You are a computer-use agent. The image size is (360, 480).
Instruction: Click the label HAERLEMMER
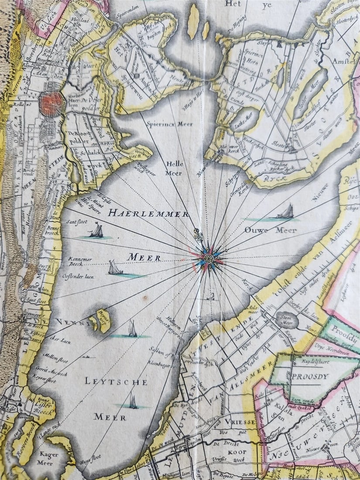click(148, 214)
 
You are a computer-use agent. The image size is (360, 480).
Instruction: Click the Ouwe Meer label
click(264, 230)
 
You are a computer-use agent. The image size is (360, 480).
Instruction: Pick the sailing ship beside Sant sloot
click(96, 231)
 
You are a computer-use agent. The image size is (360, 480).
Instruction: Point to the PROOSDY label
click(309, 376)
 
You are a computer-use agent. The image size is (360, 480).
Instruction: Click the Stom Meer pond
click(289, 320)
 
